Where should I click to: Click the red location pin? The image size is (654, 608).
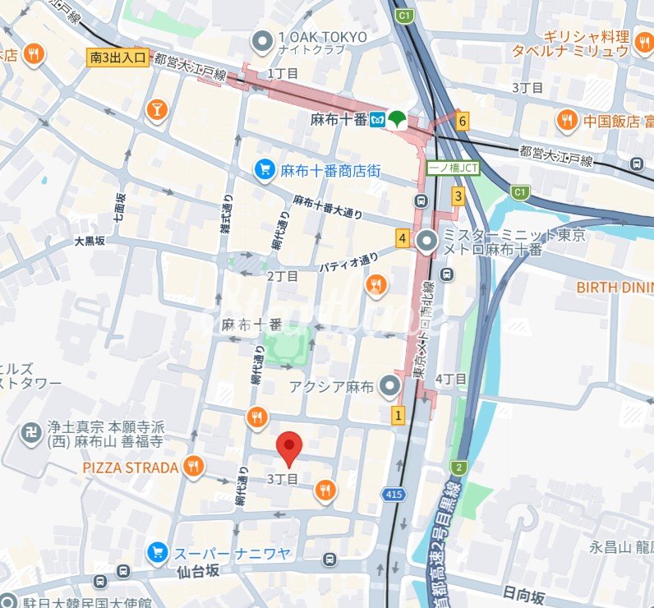(288, 448)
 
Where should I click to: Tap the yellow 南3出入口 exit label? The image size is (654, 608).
(118, 58)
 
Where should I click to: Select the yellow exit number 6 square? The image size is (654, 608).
(463, 122)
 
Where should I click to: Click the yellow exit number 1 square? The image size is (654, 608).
(399, 415)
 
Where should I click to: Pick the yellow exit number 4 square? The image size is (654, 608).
(403, 239)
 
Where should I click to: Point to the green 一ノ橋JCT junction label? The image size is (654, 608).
(453, 168)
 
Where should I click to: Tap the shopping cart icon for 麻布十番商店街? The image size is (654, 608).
(265, 170)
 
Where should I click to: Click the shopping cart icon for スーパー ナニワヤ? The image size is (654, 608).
(157, 553)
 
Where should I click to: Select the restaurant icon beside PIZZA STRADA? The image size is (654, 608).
(193, 468)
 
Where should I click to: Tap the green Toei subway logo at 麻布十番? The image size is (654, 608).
(397, 119)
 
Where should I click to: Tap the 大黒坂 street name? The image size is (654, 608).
(90, 242)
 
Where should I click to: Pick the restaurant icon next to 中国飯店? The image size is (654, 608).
(567, 122)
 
